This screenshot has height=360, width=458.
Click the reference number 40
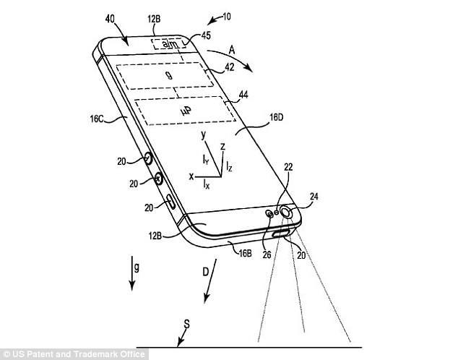pyautogui.click(x=110, y=20)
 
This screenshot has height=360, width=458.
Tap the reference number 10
pyautogui.click(x=227, y=17)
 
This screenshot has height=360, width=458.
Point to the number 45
pyautogui.click(x=206, y=35)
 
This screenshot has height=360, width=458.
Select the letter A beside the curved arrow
pyautogui.click(x=232, y=51)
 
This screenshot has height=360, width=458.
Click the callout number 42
pyautogui.click(x=229, y=67)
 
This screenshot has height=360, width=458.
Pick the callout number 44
pyautogui.click(x=243, y=95)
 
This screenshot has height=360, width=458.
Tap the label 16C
pyautogui.click(x=97, y=119)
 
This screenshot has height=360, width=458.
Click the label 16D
pyautogui.click(x=276, y=117)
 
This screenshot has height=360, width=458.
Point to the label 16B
pyautogui.click(x=246, y=253)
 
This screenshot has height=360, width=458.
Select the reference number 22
pyautogui.click(x=288, y=167)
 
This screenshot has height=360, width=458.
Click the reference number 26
pyautogui.click(x=267, y=254)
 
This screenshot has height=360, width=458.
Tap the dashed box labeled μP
pyautogui.click(x=186, y=111)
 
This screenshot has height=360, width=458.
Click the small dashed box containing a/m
pyautogui.click(x=169, y=44)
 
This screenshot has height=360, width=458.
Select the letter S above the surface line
pyautogui.click(x=186, y=324)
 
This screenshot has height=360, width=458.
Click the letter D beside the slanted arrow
pyautogui.click(x=206, y=273)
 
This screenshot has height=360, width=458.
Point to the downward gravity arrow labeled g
pyautogui.click(x=132, y=273)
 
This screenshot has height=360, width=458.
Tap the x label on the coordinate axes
pyautogui.click(x=191, y=176)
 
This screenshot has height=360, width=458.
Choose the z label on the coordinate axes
pyautogui.click(x=223, y=146)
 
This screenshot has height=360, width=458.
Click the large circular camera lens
pyautogui.click(x=286, y=212)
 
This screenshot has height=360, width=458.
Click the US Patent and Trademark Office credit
pyautogui.click(x=74, y=354)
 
